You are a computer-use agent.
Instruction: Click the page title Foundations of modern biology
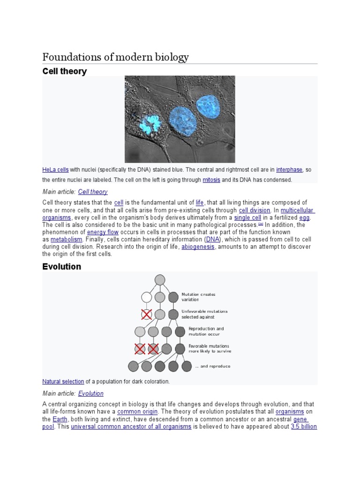click(x=115, y=57)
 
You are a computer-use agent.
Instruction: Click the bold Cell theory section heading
click(x=64, y=71)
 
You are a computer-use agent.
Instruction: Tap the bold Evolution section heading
click(x=61, y=266)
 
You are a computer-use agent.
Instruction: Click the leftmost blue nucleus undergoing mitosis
click(x=151, y=125)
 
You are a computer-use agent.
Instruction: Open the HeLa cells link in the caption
click(x=55, y=170)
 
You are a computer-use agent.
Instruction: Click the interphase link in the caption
click(x=289, y=170)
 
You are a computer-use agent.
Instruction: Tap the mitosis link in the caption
click(x=211, y=180)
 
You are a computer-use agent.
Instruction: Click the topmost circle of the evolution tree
click(x=160, y=280)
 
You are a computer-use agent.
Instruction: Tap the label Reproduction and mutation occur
click(x=206, y=331)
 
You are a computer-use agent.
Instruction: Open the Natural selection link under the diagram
click(x=63, y=382)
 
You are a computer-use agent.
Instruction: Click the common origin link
click(x=134, y=412)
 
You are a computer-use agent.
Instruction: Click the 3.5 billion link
click(x=304, y=427)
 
